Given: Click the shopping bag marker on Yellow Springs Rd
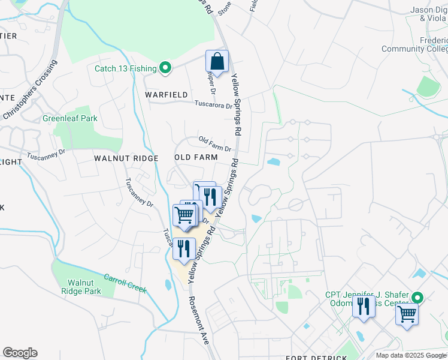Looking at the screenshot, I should tap(217, 61).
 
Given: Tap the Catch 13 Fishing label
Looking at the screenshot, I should tap(125, 68).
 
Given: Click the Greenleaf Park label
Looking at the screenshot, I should tap(69, 119).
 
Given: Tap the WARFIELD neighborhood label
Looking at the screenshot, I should tap(166, 95).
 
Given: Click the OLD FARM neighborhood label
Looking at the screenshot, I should tap(195, 157).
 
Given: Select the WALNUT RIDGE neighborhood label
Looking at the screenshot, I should tap(126, 158).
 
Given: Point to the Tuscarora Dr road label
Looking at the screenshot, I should tap(213, 104).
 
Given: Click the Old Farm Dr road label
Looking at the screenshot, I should tap(215, 145).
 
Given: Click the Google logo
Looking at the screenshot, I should tap(20, 353).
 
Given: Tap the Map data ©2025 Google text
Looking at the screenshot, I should tap(411, 355).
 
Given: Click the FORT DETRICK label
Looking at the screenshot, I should tap(316, 358).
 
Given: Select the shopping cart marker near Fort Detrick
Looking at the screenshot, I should tap(407, 313).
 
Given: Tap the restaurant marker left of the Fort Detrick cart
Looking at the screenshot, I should tap(364, 307).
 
